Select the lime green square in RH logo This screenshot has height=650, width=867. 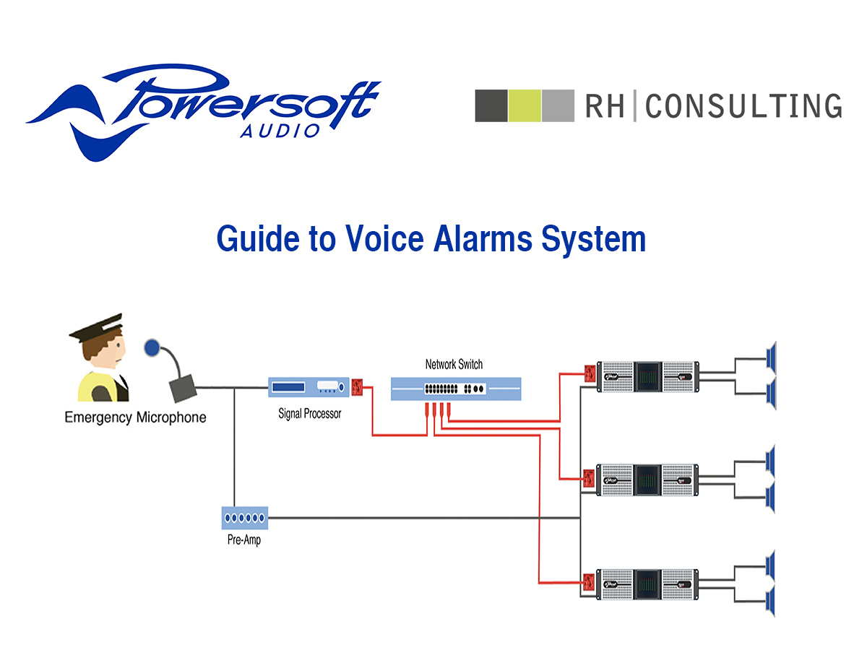(x=525, y=105)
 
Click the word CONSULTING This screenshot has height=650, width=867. (x=743, y=106)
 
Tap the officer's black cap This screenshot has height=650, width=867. (x=98, y=329)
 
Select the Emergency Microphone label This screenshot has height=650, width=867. (x=135, y=417)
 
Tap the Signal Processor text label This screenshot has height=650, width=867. (x=310, y=415)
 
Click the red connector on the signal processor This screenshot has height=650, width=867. (x=357, y=388)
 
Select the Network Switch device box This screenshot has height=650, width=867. (x=455, y=389)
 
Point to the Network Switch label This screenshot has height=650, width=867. (x=454, y=365)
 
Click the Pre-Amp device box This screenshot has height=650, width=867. (x=245, y=518)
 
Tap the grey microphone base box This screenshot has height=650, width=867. (x=184, y=389)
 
